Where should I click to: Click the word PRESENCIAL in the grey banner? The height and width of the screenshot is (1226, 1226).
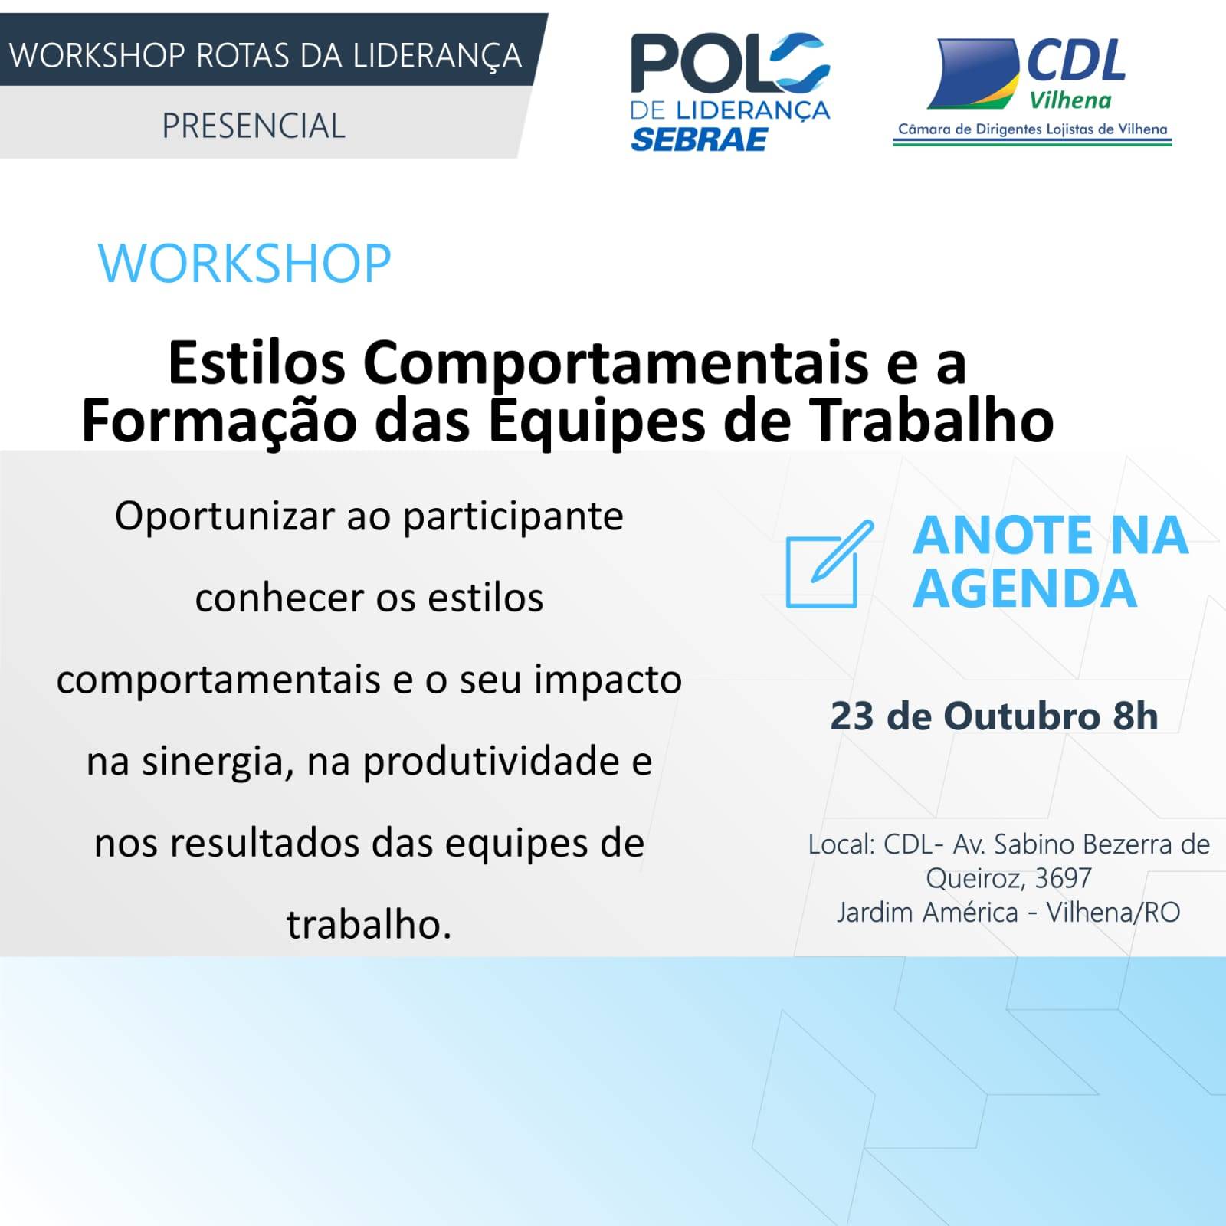(x=254, y=126)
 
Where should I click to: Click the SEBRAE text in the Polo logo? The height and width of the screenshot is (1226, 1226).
(x=699, y=139)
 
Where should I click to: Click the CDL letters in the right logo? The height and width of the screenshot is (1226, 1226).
(x=1077, y=61)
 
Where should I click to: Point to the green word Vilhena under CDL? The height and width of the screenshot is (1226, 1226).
(x=1070, y=100)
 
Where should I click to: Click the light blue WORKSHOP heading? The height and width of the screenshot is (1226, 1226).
(x=244, y=264)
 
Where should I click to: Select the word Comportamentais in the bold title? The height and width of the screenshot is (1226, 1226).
(x=616, y=362)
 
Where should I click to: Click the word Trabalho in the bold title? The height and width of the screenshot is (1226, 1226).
(x=933, y=421)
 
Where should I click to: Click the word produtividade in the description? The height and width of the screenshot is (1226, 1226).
(x=491, y=762)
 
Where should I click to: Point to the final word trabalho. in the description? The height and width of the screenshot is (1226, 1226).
(x=369, y=924)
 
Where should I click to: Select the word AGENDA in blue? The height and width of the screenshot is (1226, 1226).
(x=1025, y=588)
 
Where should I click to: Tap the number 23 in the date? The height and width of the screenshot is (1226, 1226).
(x=852, y=716)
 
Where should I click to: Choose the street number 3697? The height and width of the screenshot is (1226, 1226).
(x=1063, y=878)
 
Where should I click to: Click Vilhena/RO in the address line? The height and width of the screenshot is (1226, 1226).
(x=1113, y=913)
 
